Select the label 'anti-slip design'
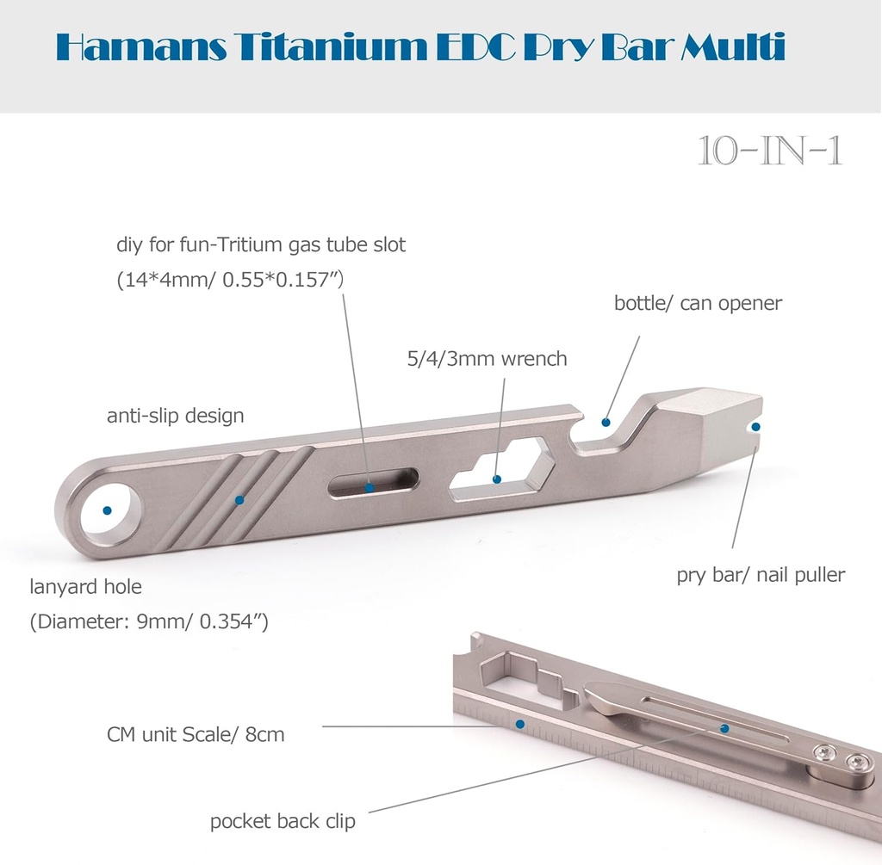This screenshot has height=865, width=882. click(175, 417)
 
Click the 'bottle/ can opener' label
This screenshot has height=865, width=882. click(698, 303)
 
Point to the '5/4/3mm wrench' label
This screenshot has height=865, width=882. click(487, 358)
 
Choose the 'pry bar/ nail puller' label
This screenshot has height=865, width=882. click(761, 575)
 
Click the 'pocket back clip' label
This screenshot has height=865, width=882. click(283, 821)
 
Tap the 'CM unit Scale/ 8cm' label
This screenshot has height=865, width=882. click(196, 735)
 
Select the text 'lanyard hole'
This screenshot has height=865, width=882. click(85, 587)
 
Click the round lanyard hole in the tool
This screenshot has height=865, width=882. click(108, 510)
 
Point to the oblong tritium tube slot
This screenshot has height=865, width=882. click(372, 484)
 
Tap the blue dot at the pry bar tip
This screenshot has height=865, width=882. click(756, 426)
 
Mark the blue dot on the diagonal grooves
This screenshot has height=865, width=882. click(239, 499)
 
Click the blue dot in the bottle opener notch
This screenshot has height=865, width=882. click(606, 423)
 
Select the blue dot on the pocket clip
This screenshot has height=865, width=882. click(724, 729)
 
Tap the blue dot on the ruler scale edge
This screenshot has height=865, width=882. click(520, 724)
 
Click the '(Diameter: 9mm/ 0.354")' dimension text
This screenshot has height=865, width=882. click(149, 621)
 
